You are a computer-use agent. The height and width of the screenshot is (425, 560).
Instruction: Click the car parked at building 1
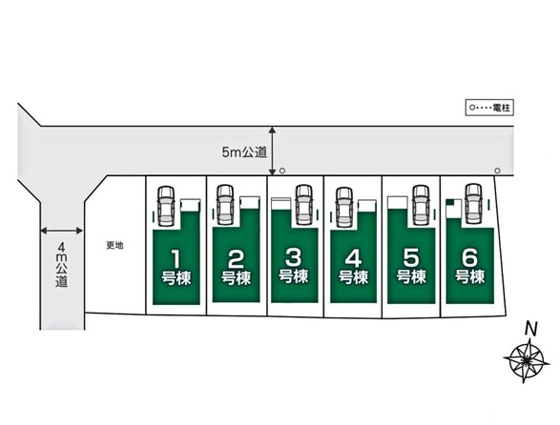pos(166,206)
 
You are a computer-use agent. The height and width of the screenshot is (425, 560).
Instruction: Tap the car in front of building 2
pos(225,205)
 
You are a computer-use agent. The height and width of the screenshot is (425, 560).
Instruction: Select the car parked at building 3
pos(304,205)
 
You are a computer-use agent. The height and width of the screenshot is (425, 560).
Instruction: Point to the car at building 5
pos(421,205)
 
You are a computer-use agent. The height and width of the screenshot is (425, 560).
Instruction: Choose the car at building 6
pos(473,204)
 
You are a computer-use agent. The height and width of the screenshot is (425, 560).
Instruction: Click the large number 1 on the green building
pos(176,259)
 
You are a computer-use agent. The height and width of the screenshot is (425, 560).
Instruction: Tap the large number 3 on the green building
pos(294,257)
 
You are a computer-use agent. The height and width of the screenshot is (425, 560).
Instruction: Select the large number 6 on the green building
pos(469,257)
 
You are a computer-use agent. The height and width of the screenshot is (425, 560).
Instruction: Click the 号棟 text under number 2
pos(236,278)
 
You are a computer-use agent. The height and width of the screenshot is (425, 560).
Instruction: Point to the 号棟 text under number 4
pos(353,277)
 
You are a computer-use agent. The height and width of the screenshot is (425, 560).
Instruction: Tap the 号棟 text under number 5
pos(411,276)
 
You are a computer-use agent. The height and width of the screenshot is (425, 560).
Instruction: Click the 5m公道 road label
pos(244,152)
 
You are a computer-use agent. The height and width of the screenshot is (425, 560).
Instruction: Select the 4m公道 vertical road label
pos(61,265)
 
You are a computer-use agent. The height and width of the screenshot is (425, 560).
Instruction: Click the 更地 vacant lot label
pos(115,246)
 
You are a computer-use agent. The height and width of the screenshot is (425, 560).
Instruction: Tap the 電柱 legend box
pos(489,108)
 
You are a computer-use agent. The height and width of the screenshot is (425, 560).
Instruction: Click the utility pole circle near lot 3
pos(282,171)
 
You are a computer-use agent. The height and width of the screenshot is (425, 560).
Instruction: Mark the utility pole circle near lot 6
pos(497,171)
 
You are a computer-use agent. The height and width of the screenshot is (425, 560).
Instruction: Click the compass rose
pos(527,359)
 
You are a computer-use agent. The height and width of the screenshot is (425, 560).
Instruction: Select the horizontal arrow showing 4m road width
pos(61,231)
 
